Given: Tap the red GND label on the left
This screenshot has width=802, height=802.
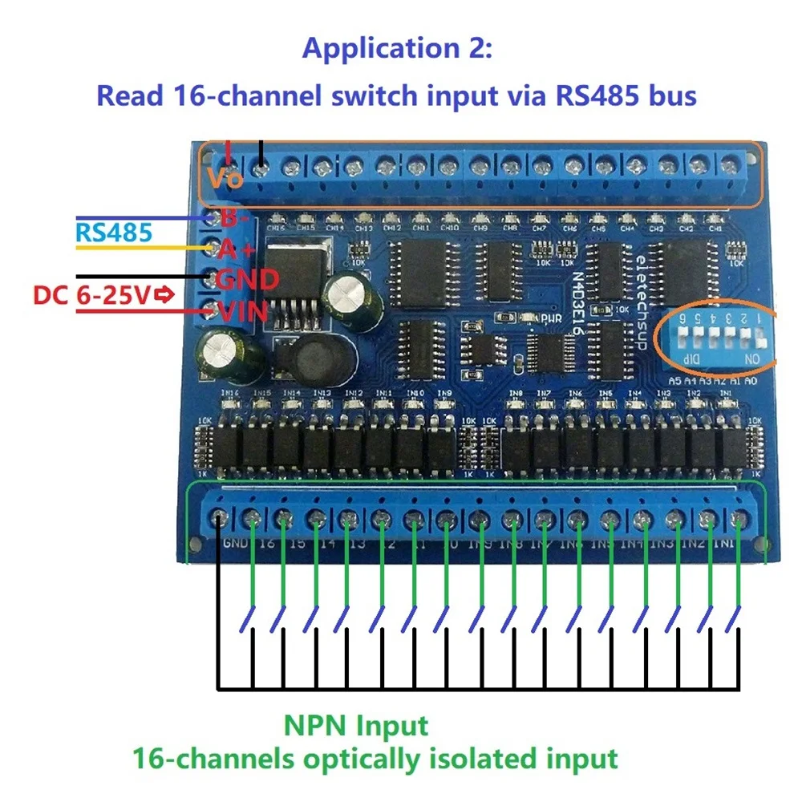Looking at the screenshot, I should [246, 280].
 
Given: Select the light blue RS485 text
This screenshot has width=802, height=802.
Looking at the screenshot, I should [113, 233].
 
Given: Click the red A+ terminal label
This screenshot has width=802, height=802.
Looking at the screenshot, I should [237, 249].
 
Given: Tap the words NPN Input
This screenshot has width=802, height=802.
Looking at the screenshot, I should [355, 727].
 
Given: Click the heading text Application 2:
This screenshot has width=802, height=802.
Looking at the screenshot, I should [396, 49].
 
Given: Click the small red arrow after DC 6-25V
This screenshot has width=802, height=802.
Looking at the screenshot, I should [164, 296].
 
